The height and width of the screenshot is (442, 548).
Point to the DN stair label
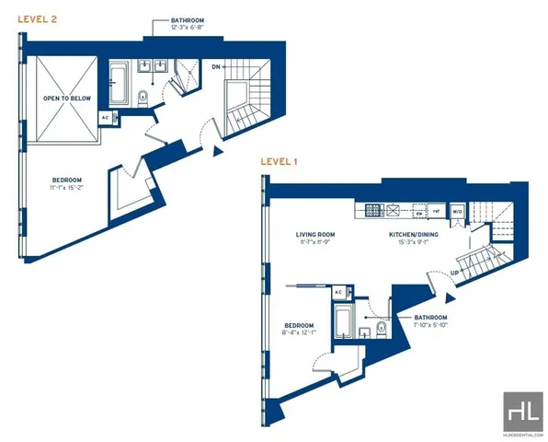coord(215,67)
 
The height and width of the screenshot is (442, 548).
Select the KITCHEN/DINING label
coord(413,235)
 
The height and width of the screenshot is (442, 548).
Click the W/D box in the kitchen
coord(457,211)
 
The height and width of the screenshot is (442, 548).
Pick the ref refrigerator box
coord(437,211)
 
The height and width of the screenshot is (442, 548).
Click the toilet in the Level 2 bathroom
coord(143,99)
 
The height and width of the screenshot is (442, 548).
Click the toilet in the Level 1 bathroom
coord(380,330)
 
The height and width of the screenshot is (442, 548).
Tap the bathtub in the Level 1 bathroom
coord(340,324)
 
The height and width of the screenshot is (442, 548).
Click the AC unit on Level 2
coord(105,118)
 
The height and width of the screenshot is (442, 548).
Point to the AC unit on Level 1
coord(337,292)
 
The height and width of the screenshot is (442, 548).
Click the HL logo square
coord(521,408)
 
